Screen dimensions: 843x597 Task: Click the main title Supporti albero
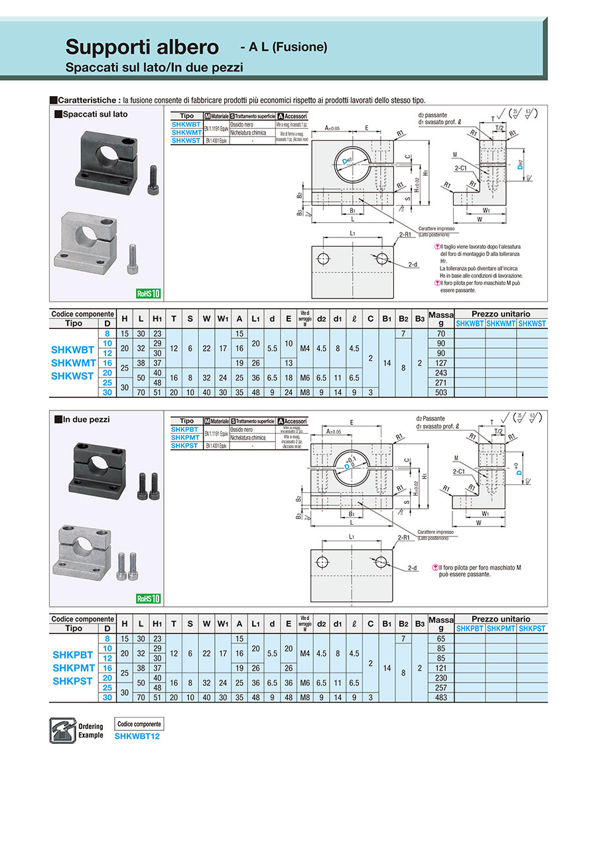pos(141,47)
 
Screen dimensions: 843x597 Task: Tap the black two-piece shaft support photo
pos(97,468)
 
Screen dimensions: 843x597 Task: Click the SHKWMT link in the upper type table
pos(186,133)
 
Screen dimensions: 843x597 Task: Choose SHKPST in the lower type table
pos(185,446)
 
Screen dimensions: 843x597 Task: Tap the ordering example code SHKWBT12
pos(137,736)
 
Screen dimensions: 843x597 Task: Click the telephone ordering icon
pos(62,730)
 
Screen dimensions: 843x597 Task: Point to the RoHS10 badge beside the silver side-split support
pos(149,294)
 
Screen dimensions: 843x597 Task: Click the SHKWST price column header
pos(532,324)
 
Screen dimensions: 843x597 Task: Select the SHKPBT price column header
pos(469,628)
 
